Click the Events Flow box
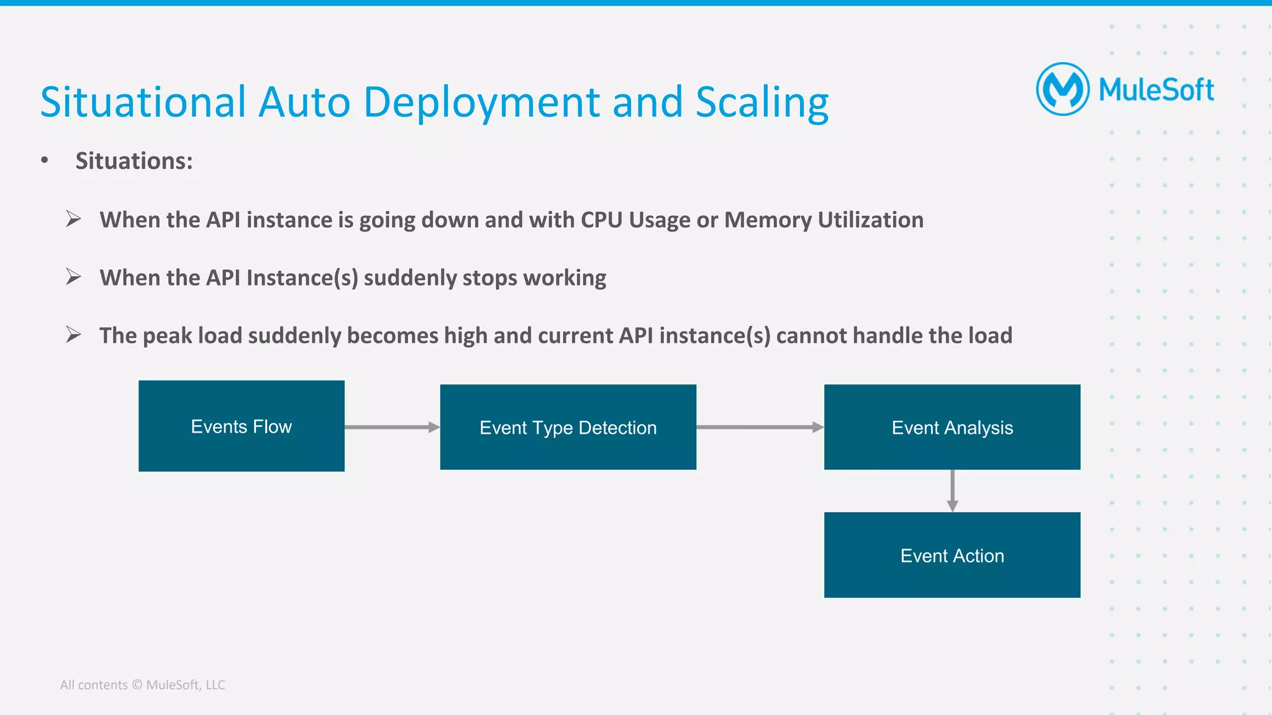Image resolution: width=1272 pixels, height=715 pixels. point(241,426)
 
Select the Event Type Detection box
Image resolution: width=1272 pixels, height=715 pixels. point(568,427)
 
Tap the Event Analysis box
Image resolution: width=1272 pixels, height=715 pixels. point(952,427)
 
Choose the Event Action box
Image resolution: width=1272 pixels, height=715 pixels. point(952,555)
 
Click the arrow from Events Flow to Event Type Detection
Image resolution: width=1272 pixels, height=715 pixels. point(391,427)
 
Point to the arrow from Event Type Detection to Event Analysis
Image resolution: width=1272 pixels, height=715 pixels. point(759,427)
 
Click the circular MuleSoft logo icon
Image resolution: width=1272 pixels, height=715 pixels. point(1062,89)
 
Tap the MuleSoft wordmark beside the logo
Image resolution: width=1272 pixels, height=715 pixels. point(1156,91)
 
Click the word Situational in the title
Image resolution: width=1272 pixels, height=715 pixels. point(143,102)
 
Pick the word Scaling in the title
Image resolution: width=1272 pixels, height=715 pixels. point(761,102)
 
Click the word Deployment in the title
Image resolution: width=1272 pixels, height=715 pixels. point(481,102)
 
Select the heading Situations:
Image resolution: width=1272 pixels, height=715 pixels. point(134,161)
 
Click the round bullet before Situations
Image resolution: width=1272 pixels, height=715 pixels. point(44,160)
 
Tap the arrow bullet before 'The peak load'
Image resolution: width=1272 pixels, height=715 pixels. point(73,335)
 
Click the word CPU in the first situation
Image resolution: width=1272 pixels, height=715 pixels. point(601,220)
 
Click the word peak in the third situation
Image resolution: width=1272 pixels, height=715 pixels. point(167,335)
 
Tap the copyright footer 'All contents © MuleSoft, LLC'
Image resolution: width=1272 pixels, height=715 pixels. point(142,685)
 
